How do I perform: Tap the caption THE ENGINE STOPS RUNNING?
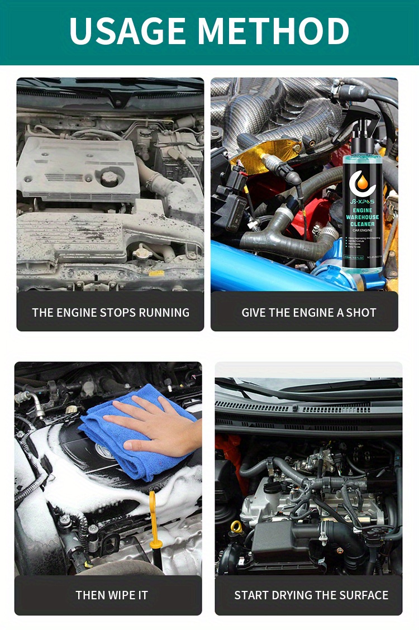pos(111,312)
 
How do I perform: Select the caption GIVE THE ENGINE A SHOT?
pos(308,312)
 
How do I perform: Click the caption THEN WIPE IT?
pos(112,595)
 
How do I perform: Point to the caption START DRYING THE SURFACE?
pos(311,595)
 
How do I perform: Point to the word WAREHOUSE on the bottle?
pos(363,217)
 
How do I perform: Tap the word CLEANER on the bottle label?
pos(363,225)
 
